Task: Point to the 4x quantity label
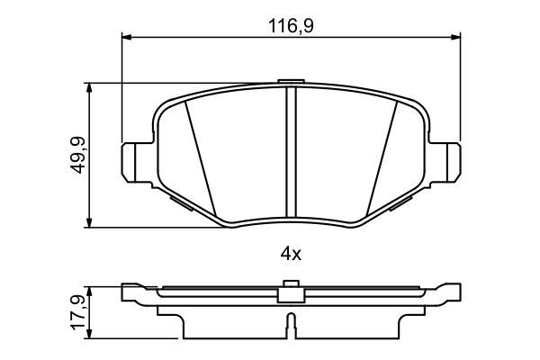point(290,254)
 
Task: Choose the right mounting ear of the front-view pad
point(447,163)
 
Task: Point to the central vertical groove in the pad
point(290,153)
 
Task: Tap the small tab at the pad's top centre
point(290,83)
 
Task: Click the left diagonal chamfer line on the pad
point(202,157)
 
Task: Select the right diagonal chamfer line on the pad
point(378,157)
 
